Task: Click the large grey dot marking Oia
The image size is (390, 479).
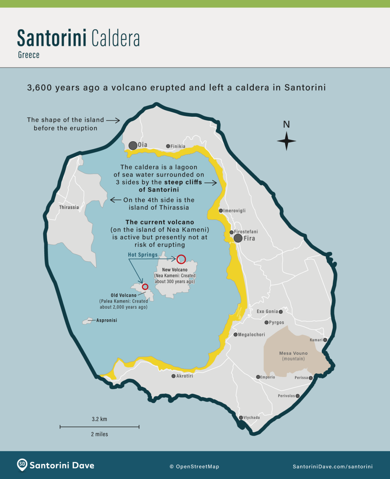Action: [x=133, y=145]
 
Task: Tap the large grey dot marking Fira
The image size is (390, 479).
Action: [x=238, y=238]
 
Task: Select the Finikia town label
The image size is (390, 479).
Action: [x=178, y=146]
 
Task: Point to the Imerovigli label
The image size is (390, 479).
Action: [x=234, y=211]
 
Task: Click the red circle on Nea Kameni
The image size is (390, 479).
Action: [x=181, y=259]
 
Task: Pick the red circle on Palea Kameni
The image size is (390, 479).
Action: [x=145, y=287]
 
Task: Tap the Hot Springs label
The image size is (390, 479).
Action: [x=143, y=255]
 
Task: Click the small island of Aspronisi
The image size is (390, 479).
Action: [x=86, y=321]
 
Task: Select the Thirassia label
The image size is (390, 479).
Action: [x=69, y=207]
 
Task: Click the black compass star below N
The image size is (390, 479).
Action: [x=286, y=141]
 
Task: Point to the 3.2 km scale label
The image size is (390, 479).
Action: [x=99, y=419]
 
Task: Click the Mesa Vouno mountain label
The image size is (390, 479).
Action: [x=293, y=353]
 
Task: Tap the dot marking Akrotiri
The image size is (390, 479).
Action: [x=173, y=376]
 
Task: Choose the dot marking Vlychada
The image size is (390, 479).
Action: [x=241, y=418]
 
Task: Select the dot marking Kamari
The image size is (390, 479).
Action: [x=325, y=340]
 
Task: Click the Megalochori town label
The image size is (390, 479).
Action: [x=251, y=335]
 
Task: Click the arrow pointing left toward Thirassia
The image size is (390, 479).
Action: [x=115, y=200]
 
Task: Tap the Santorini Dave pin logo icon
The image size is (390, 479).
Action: [x=22, y=465]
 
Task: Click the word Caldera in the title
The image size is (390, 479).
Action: [x=115, y=38]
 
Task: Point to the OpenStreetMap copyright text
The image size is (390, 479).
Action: [x=194, y=467]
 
